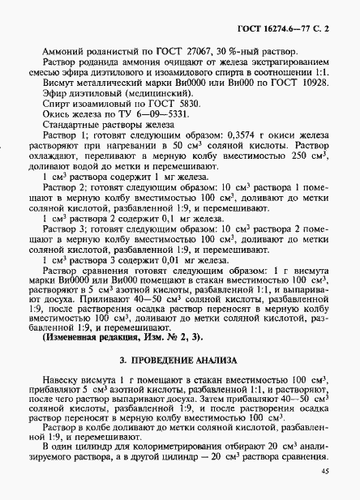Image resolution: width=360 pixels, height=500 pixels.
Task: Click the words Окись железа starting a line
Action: point(71,127)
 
